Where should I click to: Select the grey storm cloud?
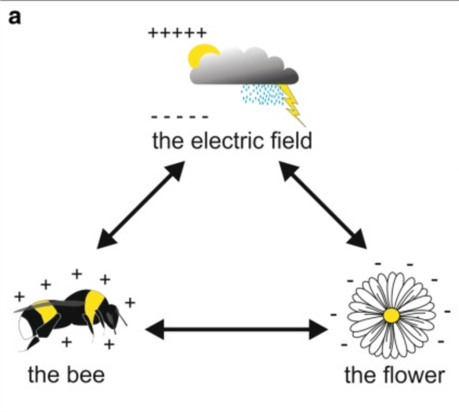(x=245, y=67)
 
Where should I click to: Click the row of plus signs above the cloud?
(x=177, y=33)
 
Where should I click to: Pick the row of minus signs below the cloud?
(x=180, y=117)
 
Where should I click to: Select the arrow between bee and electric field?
(x=141, y=205)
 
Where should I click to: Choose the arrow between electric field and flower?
(x=323, y=205)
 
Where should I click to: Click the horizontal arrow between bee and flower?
(x=236, y=330)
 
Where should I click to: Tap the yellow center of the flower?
(x=391, y=316)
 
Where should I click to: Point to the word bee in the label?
(x=86, y=375)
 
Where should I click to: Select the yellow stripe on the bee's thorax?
(x=93, y=306)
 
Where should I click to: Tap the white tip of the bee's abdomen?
(x=24, y=329)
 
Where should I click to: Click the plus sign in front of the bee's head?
(x=130, y=302)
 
